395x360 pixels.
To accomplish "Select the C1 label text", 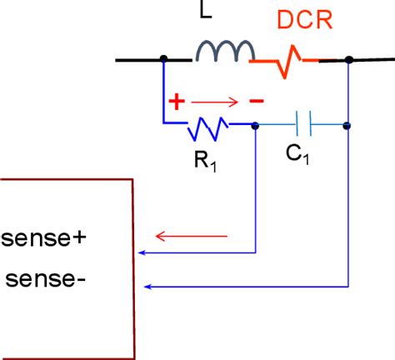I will pos(301,156).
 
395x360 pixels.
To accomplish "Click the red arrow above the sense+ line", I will pos(191,236).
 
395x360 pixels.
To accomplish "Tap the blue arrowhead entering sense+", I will pos(142,251).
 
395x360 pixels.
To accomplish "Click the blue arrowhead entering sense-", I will pos(147,286).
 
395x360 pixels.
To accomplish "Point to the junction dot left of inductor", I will pos(163,59).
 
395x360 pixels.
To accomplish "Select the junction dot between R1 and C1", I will pos(255,126).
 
